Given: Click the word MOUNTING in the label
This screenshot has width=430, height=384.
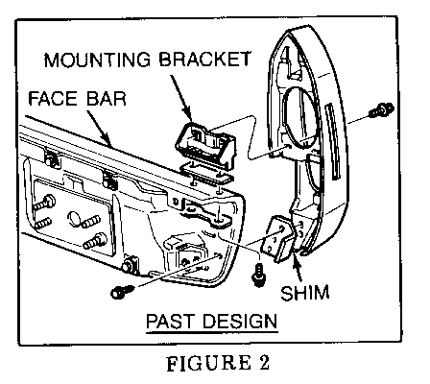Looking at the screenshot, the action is pos(97,60).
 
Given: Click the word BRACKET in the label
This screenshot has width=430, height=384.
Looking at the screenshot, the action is pos(204,59).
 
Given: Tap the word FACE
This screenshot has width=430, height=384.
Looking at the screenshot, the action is pos(53,98).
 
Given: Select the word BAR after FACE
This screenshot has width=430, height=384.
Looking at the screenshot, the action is pos(107,98).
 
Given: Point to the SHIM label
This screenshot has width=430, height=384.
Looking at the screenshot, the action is pos(305,293).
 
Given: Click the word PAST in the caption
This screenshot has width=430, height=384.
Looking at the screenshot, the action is pos(170,321).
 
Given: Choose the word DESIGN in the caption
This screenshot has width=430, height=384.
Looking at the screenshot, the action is pos(240,321).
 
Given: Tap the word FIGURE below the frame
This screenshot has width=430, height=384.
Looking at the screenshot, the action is pos(208,363).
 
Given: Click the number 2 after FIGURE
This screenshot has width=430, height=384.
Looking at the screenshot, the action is pos(264,363).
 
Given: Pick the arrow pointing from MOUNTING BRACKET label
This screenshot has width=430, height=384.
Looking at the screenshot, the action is pos(180,97).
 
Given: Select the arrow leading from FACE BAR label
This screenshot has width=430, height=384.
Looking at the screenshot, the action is pos(99,129).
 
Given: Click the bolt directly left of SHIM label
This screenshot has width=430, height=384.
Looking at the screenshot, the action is pos(259,275).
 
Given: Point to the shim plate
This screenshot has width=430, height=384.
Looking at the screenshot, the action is pos(278,238).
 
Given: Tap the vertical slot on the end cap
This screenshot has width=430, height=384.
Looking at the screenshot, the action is pos(333,141).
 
